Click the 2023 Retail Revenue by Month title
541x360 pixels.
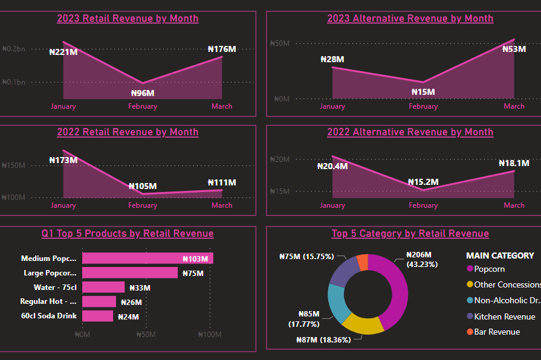(128, 18)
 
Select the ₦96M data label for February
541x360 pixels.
(143, 93)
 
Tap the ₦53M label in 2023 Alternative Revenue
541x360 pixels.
(514, 49)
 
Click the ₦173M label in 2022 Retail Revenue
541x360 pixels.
(63, 160)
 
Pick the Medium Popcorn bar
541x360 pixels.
(147, 259)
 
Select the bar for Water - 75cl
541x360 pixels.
(103, 288)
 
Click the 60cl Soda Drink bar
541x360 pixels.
(97, 317)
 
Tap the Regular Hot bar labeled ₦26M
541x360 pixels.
(99, 302)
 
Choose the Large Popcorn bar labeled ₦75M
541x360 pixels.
(130, 273)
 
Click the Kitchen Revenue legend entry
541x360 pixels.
(504, 317)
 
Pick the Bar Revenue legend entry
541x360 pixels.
(496, 332)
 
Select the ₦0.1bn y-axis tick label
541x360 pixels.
(13, 82)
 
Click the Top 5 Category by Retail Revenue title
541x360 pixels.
(410, 234)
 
